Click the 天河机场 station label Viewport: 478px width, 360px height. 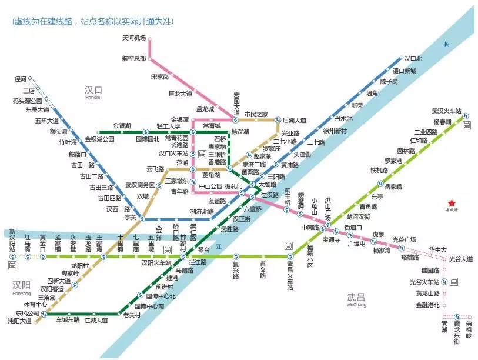(133, 39)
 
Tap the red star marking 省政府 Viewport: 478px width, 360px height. (452, 202)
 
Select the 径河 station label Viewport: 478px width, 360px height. (21, 78)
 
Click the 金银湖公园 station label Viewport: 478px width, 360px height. (99, 139)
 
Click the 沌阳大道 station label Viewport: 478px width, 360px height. (19, 321)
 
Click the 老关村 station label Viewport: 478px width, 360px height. (131, 315)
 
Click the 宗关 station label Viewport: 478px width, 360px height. (130, 218)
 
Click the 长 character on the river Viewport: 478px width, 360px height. (446, 45)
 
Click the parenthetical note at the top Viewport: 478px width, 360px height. (98, 22)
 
